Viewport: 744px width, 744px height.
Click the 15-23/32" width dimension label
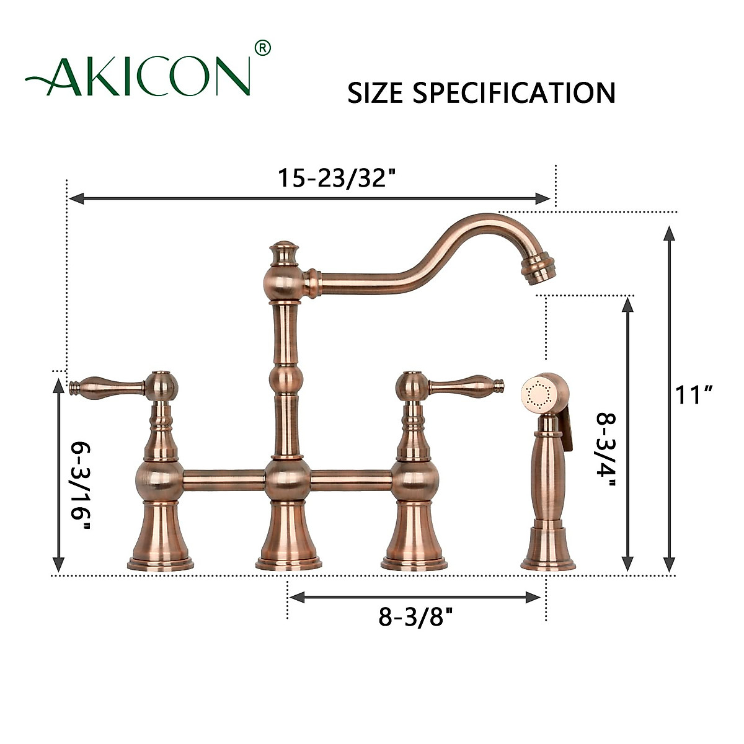pyautogui.click(x=336, y=179)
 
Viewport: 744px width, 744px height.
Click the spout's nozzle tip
pyautogui.click(x=538, y=268)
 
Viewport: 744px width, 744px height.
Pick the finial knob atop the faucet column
pyautogui.click(x=284, y=251)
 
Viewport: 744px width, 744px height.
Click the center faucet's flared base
pyautogui.click(x=288, y=539)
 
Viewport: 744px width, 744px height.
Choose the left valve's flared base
pyautogui.click(x=160, y=539)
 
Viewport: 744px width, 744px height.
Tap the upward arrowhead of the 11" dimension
pyautogui.click(x=669, y=233)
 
